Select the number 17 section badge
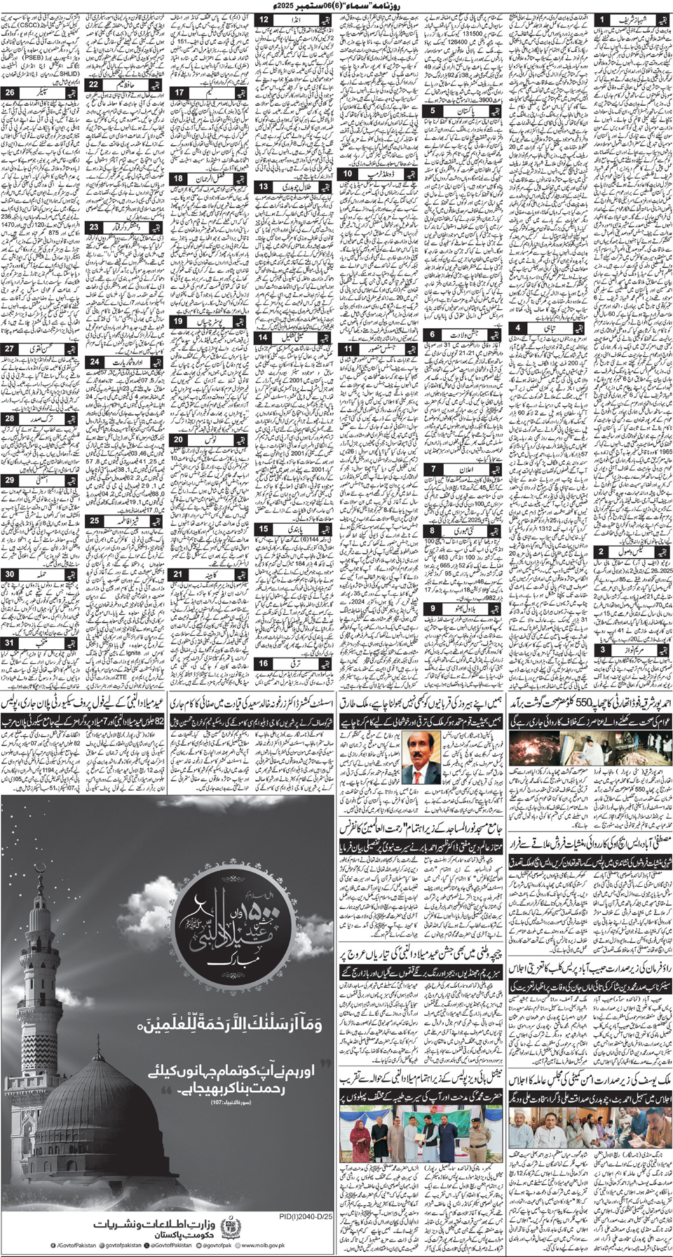point(179,92)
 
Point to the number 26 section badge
point(10,92)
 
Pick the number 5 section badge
point(433,111)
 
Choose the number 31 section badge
point(10,642)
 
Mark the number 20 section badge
point(179,440)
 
